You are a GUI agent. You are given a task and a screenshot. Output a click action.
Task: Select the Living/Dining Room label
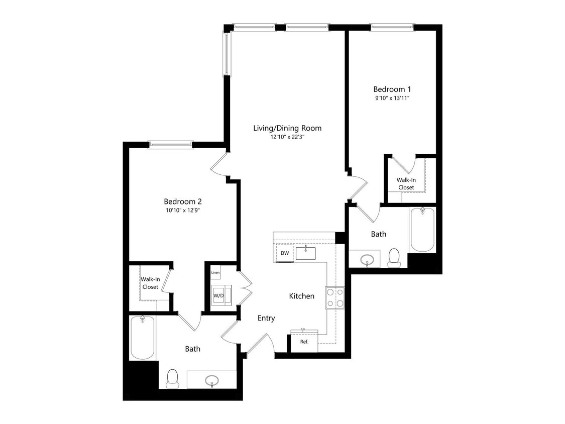[x=287, y=128]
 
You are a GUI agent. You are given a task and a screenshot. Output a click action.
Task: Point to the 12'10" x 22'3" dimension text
[x=287, y=137]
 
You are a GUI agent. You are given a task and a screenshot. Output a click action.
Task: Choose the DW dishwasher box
[x=285, y=253]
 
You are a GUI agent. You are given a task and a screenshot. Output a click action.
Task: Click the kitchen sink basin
[x=305, y=253]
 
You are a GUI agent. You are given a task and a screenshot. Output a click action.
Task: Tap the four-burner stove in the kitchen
[x=334, y=297]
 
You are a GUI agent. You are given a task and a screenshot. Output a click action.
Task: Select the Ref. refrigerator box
[x=304, y=342]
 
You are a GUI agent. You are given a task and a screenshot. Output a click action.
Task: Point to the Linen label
[x=215, y=273]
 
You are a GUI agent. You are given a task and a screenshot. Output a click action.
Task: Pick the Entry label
[x=266, y=318]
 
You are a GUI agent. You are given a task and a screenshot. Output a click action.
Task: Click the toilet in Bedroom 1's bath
[x=394, y=257]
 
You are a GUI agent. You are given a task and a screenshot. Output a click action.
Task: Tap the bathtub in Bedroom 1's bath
[x=422, y=230]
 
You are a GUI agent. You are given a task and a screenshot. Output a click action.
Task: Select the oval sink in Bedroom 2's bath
[x=212, y=380]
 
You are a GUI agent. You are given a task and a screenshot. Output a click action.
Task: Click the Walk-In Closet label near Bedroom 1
[x=406, y=183]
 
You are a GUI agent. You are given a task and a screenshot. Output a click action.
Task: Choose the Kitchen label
[x=301, y=296]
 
